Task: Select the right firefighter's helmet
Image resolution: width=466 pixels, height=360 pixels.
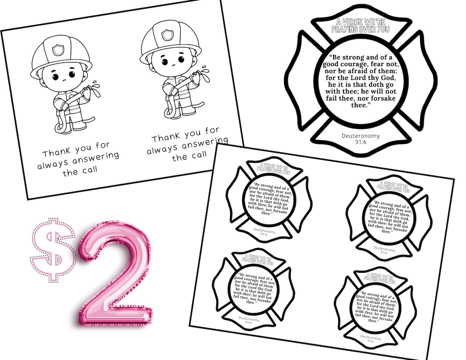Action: coord(170,41)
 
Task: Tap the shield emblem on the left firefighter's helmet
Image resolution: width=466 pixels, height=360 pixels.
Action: coord(58,50)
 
